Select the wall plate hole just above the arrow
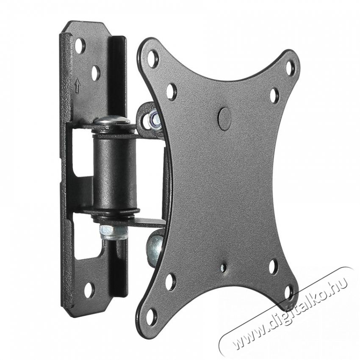click(x=95, y=72)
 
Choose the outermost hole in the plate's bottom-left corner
click(x=151, y=315)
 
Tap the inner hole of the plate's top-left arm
click(x=171, y=91)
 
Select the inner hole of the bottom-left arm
click(x=170, y=282)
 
